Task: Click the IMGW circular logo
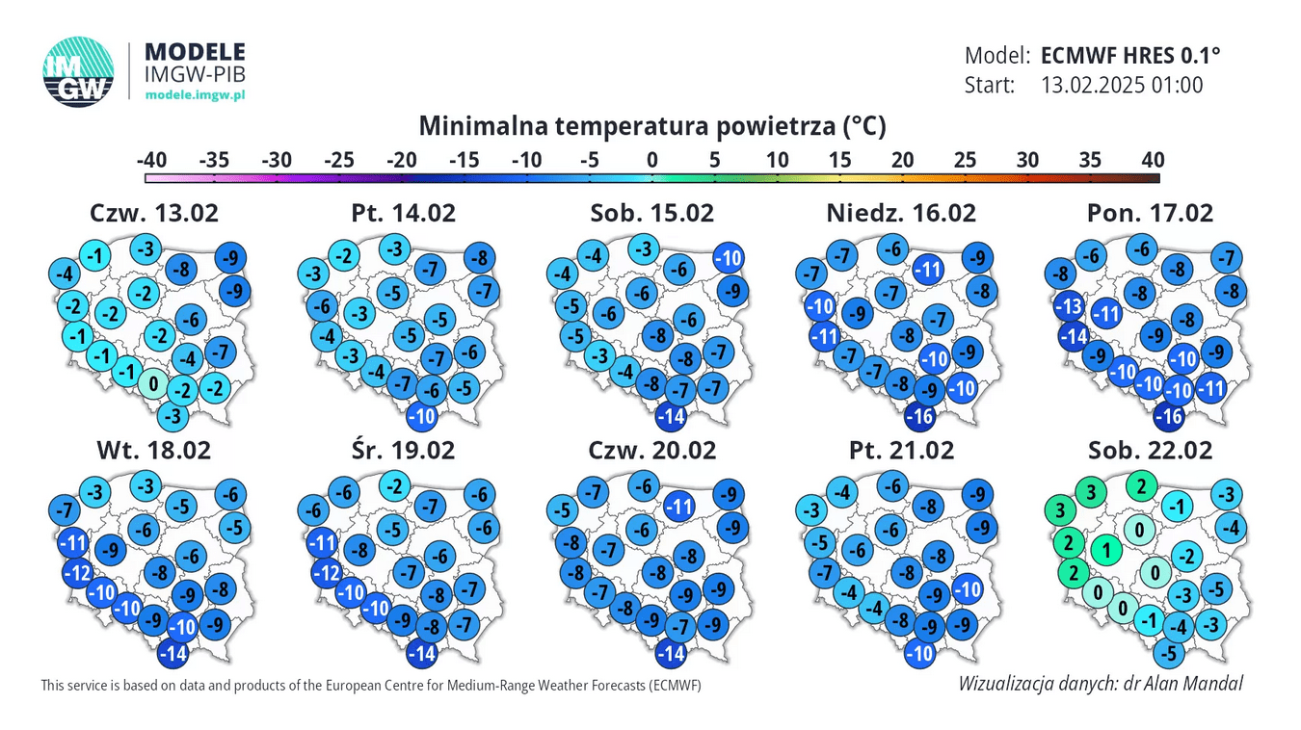(x=78, y=71)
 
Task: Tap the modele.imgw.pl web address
(x=195, y=94)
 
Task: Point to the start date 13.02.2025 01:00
(x=1122, y=85)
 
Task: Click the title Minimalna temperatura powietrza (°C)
(x=651, y=126)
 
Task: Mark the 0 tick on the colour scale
(x=652, y=160)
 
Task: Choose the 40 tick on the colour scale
(x=1153, y=160)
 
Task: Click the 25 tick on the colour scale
(x=965, y=160)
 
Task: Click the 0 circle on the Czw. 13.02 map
(x=151, y=384)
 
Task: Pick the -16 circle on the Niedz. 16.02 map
(x=922, y=417)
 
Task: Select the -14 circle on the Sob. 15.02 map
(x=673, y=417)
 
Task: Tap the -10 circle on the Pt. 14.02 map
(x=422, y=416)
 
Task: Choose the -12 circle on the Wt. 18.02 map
(x=77, y=573)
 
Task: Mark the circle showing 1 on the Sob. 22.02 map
(x=1108, y=551)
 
